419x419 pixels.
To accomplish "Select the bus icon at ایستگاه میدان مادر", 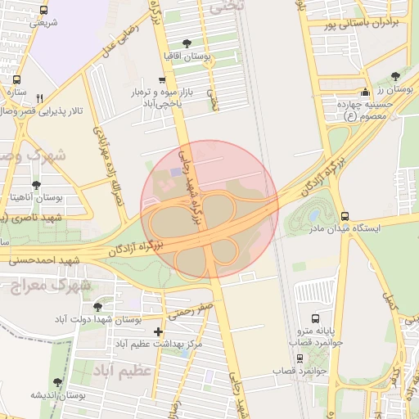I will click(345, 215).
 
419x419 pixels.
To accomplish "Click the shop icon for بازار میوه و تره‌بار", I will click(162, 80).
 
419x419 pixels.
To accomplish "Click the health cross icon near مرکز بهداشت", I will click(158, 332).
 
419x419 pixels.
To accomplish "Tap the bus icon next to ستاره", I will click(17, 79).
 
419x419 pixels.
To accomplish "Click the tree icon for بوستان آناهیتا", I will click(36, 185).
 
